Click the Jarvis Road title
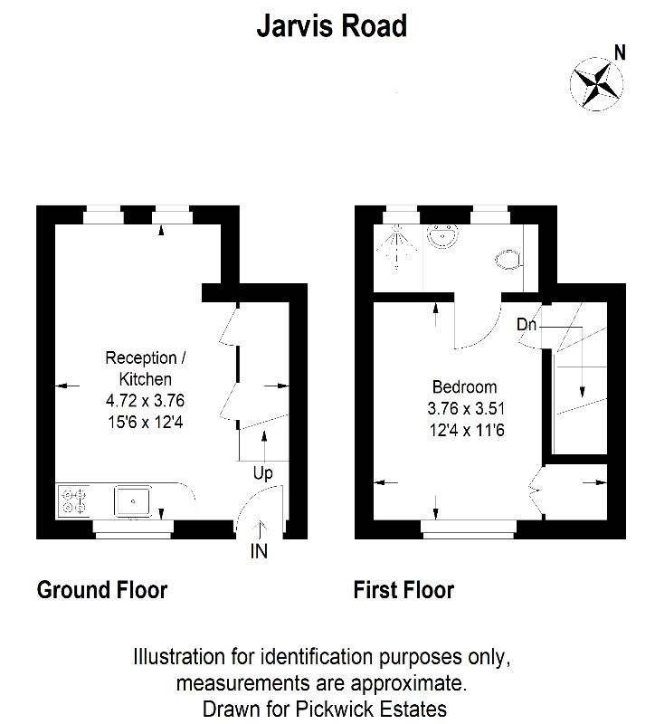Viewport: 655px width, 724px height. (x=332, y=25)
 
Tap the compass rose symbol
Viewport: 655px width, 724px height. (x=596, y=84)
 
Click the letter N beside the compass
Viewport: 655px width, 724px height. (x=620, y=52)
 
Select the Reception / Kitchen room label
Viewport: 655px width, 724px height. (x=146, y=368)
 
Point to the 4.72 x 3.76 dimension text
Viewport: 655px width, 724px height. (x=145, y=400)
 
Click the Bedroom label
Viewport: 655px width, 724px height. (x=464, y=387)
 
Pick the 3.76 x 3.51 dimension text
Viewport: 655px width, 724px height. (x=466, y=408)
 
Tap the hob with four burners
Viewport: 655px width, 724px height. (x=74, y=501)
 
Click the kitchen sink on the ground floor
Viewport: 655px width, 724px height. (x=132, y=501)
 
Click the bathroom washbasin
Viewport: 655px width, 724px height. (x=443, y=236)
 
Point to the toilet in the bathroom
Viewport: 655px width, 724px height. (x=508, y=260)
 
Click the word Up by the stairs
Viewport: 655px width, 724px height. (x=262, y=473)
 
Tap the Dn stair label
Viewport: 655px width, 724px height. (x=527, y=325)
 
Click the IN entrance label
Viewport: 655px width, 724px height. (x=259, y=551)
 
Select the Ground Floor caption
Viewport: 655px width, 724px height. (x=102, y=590)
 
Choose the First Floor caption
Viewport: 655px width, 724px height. (x=403, y=590)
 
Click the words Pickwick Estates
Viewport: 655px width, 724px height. (x=371, y=709)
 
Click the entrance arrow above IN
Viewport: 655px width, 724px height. (x=260, y=529)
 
